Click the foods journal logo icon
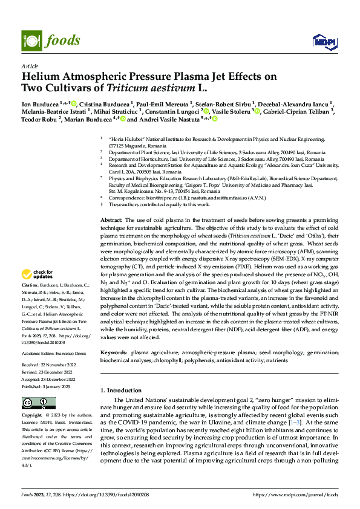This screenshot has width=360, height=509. coord(30,41)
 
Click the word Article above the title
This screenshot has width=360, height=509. coord(30,66)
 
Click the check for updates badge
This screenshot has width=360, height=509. coord(39,275)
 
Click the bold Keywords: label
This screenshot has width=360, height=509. coord(114,351)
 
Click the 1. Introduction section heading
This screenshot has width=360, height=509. coord(123,391)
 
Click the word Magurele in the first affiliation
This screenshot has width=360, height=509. coord(137,146)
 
